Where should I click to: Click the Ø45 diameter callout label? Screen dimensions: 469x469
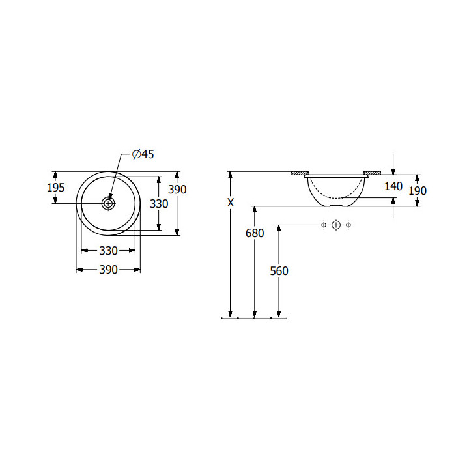(x=143, y=154)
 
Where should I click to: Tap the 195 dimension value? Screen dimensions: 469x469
(x=56, y=188)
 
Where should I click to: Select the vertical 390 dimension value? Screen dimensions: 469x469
(x=177, y=190)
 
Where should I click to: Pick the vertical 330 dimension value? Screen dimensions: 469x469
(x=159, y=204)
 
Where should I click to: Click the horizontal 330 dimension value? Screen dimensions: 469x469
(x=108, y=251)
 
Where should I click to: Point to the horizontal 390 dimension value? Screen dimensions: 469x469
(x=108, y=270)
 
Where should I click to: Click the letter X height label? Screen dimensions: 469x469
(x=231, y=203)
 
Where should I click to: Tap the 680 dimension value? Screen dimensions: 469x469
(x=255, y=233)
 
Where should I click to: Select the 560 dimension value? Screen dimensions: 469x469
(x=279, y=271)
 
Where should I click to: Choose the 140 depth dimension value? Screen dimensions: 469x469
(x=393, y=186)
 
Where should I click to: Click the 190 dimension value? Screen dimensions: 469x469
(x=418, y=190)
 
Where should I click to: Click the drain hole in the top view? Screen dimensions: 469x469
(x=108, y=203)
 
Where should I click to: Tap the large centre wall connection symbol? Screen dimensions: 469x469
(x=336, y=225)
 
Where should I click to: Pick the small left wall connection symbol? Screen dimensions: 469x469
(x=324, y=225)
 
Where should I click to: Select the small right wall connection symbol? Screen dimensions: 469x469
(x=348, y=225)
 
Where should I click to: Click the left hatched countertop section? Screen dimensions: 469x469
(x=300, y=173)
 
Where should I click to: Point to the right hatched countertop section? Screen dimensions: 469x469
(x=372, y=173)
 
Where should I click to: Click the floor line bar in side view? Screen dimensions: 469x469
(x=254, y=318)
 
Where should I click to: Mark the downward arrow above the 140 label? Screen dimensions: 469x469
(x=393, y=165)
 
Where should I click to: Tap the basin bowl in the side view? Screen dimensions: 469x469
(x=336, y=190)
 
